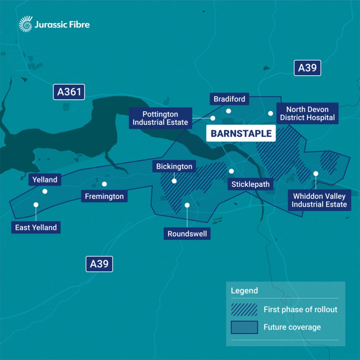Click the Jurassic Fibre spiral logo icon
pos(25,24)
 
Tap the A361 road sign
pos(69,92)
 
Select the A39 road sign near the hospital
pos(307,68)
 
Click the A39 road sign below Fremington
pos(99,264)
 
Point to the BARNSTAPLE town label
pos(241,133)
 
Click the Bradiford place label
pos(229,99)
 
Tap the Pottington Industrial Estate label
pos(160,118)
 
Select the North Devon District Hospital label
pos(307,113)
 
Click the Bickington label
pos(174,167)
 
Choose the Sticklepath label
pos(251,184)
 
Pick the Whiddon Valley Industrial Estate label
pos(319,200)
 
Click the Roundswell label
pos(187,234)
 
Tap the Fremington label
pos(104,196)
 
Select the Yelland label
pos(45,180)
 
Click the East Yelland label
pos(36,228)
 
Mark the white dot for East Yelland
pos(36,205)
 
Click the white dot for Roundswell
pos(187,205)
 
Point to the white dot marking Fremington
pos(104,184)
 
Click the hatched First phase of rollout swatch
pos(244,309)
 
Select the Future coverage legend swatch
pos(244,327)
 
